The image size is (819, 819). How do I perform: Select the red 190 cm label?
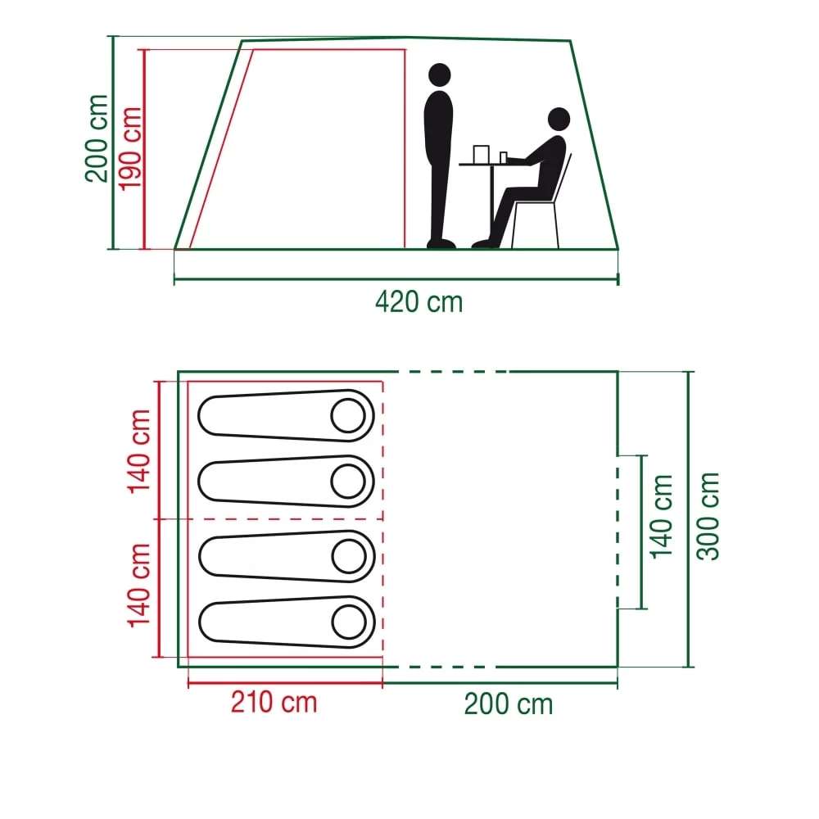point(131,147)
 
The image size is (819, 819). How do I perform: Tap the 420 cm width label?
point(419,302)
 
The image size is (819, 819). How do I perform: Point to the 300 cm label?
point(708,516)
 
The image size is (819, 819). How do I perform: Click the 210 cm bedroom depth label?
point(274,703)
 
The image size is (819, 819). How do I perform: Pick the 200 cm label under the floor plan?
point(509,704)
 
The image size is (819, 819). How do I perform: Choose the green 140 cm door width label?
point(661,516)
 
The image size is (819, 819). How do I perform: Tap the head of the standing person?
point(440,75)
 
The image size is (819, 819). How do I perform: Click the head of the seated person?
point(559,120)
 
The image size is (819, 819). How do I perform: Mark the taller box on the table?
point(481,154)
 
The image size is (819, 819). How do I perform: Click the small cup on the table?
point(504,156)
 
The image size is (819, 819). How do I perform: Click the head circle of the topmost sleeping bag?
point(348,416)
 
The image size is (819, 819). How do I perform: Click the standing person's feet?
point(441,242)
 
